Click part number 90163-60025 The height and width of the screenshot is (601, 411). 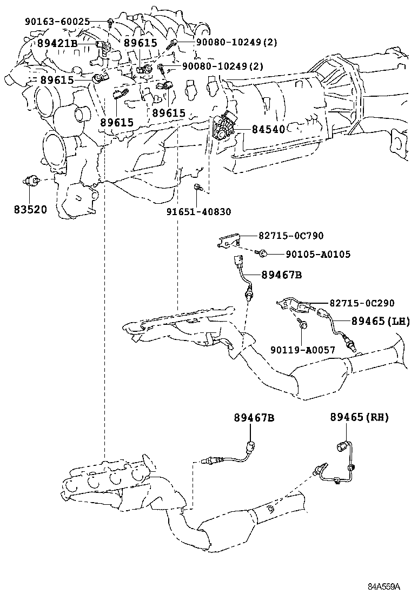[65, 22]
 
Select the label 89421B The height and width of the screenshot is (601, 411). [58, 43]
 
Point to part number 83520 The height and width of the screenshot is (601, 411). [31, 209]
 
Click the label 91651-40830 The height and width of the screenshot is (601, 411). [198, 212]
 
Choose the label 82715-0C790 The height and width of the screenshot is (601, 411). [290, 236]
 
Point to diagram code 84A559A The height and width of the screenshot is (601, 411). [384, 586]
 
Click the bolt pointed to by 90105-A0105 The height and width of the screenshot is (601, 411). [262, 253]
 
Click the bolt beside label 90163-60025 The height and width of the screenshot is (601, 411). [110, 22]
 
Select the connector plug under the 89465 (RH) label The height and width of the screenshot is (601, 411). [341, 446]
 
